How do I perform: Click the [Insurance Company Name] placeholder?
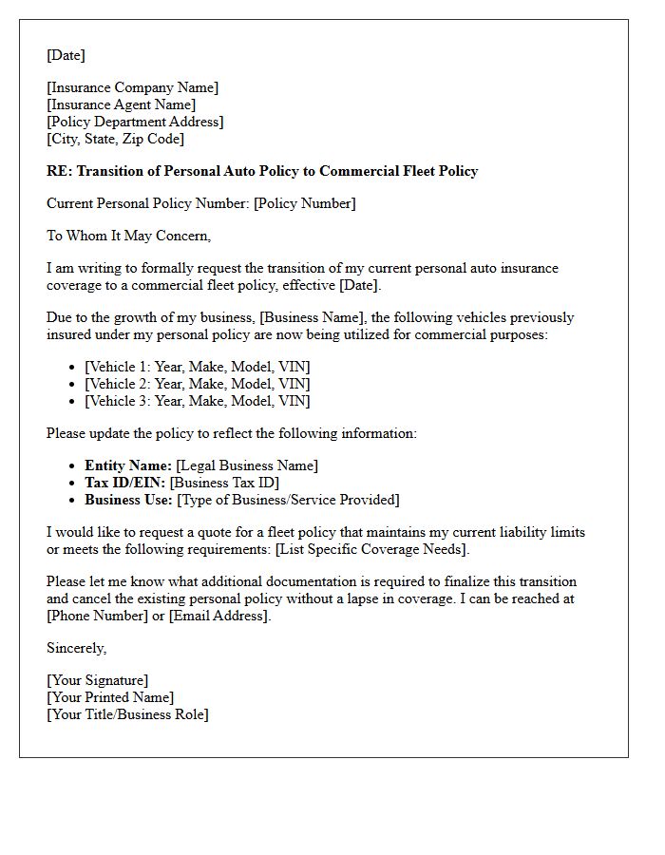pos(132,87)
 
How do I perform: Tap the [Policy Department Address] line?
pos(135,122)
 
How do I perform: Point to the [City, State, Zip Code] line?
pos(115,139)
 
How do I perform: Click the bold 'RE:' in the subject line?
pos(59,171)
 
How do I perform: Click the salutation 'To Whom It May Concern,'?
pos(128,236)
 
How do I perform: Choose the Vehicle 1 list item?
pos(197,367)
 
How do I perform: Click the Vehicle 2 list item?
pos(197,384)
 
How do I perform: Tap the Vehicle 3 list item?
pos(197,401)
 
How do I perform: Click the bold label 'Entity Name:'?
pos(128,465)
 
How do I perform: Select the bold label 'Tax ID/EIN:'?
pos(125,483)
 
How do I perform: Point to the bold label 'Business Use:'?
pos(129,500)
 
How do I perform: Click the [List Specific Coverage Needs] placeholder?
pos(371,549)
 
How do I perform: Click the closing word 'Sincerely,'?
pos(77,648)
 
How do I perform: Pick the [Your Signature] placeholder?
pos(97,680)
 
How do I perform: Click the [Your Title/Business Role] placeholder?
pos(127,714)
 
